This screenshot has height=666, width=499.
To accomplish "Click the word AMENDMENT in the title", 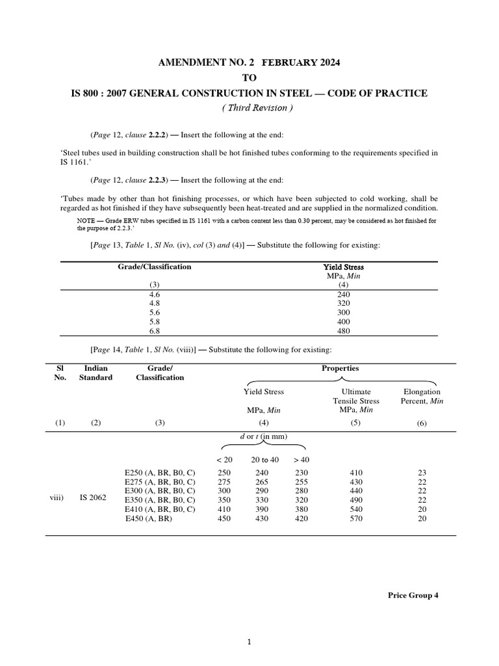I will click(x=188, y=62).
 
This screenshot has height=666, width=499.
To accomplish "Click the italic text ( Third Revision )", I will click(x=249, y=108).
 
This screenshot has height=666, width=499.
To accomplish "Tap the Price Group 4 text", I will click(x=413, y=595).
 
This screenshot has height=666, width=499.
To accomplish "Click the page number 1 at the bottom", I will click(x=249, y=643).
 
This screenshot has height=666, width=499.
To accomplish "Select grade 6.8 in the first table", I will click(x=154, y=330).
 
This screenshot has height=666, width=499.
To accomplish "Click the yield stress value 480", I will click(x=344, y=330).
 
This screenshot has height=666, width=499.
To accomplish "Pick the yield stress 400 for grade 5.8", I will click(x=344, y=321).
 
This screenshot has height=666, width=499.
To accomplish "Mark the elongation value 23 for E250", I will click(x=422, y=472).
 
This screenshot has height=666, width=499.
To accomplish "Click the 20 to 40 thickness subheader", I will click(x=265, y=459).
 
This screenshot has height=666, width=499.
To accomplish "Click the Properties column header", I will click(x=340, y=368).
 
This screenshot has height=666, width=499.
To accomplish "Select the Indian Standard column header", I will click(x=96, y=373).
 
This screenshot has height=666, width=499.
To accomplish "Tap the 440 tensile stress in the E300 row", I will click(x=356, y=490).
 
